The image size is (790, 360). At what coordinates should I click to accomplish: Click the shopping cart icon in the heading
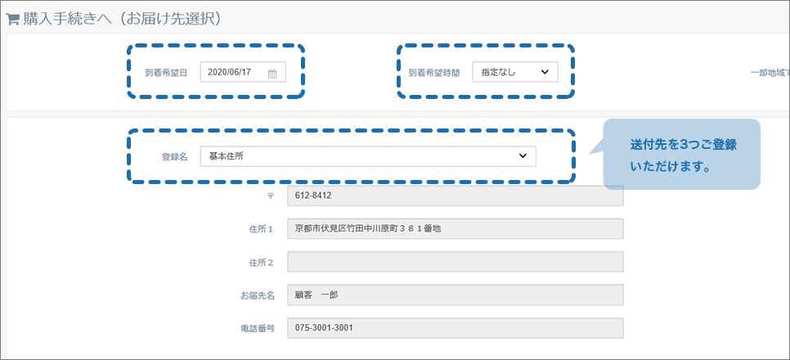pos(12,19)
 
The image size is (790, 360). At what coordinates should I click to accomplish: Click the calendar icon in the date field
pos(272,74)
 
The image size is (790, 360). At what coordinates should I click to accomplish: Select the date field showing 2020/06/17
pos(243,72)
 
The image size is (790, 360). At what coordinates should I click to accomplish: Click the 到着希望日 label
pos(166,73)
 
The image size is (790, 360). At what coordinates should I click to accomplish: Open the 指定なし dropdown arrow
pos(544,72)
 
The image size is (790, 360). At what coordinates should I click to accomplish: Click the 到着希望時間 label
pos(433,73)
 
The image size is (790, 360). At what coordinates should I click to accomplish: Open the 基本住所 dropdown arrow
pos(523,156)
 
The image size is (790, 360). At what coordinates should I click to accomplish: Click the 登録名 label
pos(174,157)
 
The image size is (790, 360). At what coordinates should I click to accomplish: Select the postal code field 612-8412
pos(455,196)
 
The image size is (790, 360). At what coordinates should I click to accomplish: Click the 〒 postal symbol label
pos(270,196)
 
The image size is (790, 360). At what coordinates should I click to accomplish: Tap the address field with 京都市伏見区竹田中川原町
pos(455,228)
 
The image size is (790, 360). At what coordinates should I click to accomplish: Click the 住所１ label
pos(262,229)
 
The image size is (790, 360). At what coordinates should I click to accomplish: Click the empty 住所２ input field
pos(455,262)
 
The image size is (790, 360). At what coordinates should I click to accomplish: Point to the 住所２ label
pos(262,262)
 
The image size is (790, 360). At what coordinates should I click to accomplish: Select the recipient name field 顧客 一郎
pos(455,295)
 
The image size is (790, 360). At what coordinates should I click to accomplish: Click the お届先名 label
pos(258,295)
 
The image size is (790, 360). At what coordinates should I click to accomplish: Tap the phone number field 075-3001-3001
pos(455,328)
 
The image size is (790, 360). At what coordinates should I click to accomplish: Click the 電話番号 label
pos(258,329)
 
